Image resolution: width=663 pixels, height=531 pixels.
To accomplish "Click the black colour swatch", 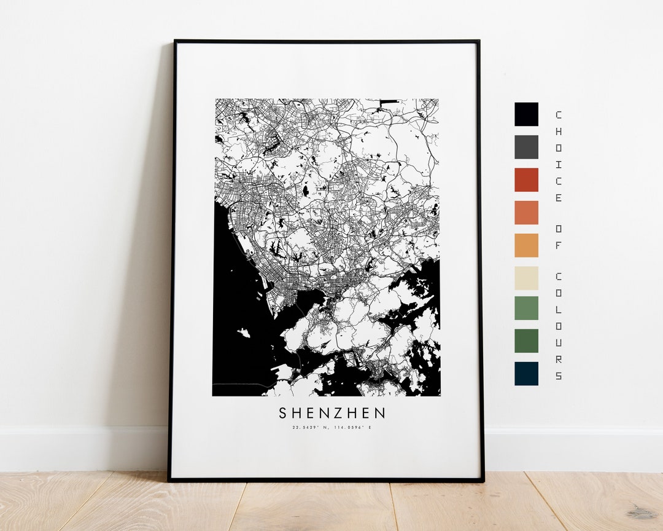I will (526, 114).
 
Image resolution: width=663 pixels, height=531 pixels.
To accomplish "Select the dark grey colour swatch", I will (526, 147).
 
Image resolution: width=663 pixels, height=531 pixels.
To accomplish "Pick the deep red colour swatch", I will (526, 179).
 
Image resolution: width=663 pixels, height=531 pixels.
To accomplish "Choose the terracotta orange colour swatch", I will (526, 213).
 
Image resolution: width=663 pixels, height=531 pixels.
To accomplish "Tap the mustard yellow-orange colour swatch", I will (526, 245).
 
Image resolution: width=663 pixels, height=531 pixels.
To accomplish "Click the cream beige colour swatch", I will (526, 278).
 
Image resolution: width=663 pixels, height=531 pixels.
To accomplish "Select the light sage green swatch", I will (526, 308).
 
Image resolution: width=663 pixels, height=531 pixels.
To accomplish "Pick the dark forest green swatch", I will (526, 340).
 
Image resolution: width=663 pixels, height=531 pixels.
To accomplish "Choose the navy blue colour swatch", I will (526, 373).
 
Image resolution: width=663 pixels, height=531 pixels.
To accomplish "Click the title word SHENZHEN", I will (333, 413).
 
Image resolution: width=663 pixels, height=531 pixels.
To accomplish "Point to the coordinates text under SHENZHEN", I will (332, 427).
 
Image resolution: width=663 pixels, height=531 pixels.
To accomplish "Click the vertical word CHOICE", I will (558, 156).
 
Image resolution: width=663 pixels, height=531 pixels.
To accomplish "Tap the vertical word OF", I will (558, 235).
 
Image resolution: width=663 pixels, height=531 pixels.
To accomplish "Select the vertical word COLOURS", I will (558, 325).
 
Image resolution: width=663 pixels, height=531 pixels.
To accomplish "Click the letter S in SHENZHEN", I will (283, 413).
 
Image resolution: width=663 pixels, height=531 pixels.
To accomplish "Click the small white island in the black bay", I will (244, 333).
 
